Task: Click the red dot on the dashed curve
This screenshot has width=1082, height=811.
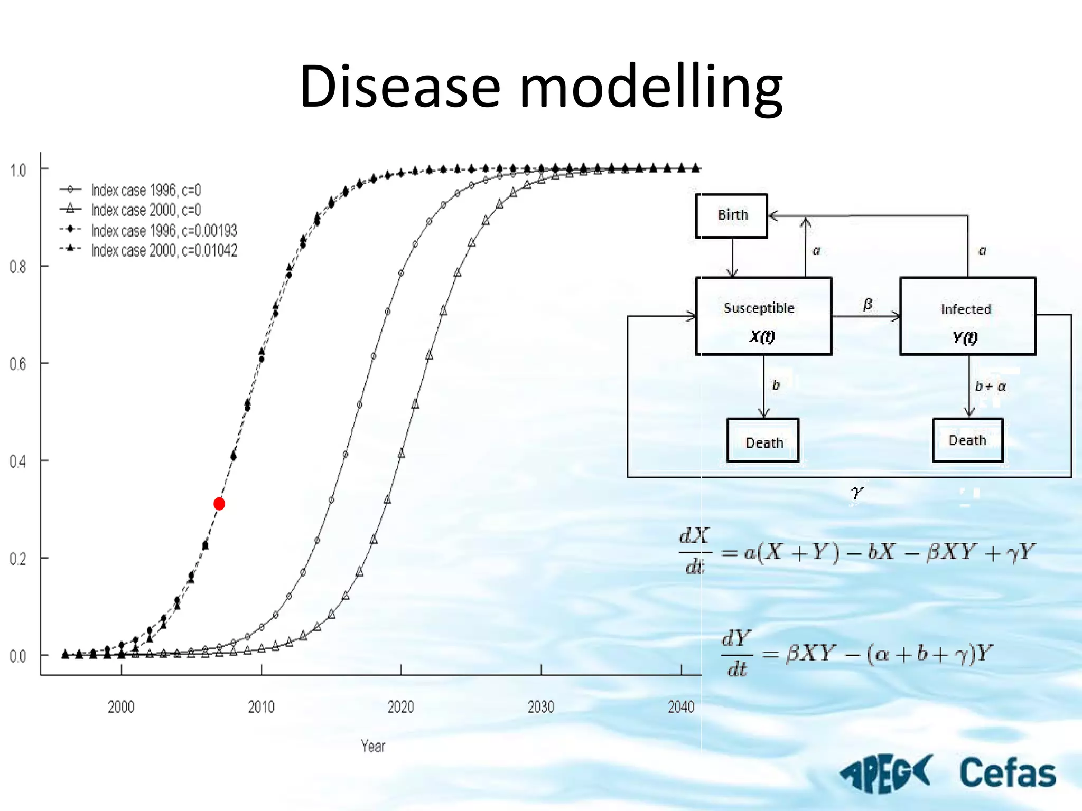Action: pyautogui.click(x=219, y=504)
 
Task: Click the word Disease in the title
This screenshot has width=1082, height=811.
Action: pyautogui.click(x=399, y=86)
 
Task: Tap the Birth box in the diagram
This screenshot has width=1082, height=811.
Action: pyautogui.click(x=732, y=215)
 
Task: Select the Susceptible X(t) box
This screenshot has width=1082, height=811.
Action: pyautogui.click(x=763, y=316)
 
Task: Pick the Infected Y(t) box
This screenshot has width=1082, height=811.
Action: pyautogui.click(x=967, y=316)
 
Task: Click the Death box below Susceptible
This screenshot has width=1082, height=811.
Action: pyautogui.click(x=763, y=441)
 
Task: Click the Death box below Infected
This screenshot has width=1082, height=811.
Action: pyautogui.click(x=967, y=440)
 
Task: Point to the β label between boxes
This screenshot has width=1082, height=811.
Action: pyautogui.click(x=868, y=304)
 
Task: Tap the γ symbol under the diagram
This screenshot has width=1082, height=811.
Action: pyautogui.click(x=856, y=492)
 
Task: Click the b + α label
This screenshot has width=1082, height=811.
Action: pyautogui.click(x=991, y=386)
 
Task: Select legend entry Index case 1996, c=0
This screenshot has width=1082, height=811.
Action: pyautogui.click(x=145, y=190)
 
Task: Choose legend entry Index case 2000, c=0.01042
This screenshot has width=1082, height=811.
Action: pyautogui.click(x=164, y=250)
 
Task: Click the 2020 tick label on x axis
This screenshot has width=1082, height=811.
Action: pyautogui.click(x=400, y=707)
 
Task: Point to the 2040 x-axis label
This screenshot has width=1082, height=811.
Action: pyautogui.click(x=680, y=707)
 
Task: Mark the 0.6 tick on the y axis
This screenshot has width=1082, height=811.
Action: pyautogui.click(x=18, y=364)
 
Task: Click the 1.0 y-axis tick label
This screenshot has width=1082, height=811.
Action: pyautogui.click(x=18, y=170)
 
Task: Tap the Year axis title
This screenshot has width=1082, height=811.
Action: pyautogui.click(x=373, y=746)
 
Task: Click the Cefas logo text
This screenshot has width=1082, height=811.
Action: pyautogui.click(x=1007, y=773)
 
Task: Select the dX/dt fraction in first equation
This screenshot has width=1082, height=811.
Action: pyautogui.click(x=694, y=551)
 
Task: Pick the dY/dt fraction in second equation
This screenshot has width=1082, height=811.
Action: pyautogui.click(x=736, y=654)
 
